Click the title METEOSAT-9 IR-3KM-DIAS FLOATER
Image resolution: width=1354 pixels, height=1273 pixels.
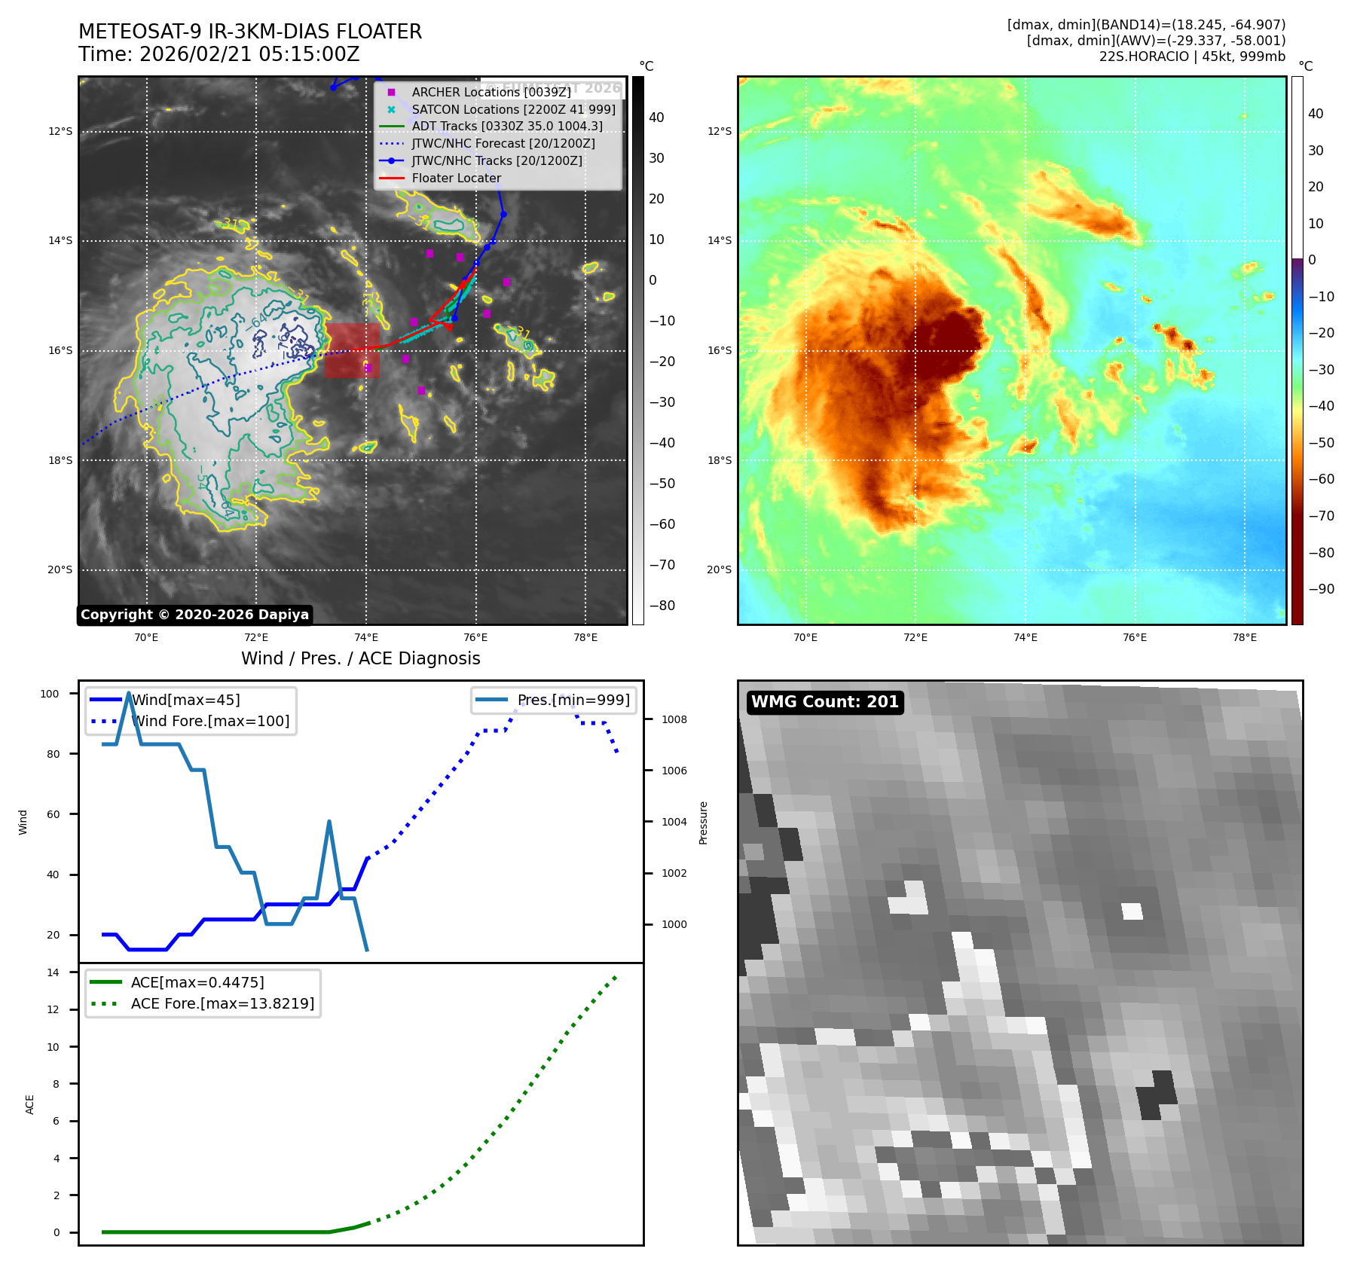(x=250, y=32)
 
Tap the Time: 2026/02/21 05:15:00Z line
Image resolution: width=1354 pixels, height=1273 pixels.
(x=219, y=55)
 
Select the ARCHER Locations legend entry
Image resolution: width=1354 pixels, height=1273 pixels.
(x=491, y=92)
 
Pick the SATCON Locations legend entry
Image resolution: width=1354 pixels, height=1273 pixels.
(x=512, y=109)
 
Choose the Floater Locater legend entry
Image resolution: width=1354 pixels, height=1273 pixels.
(x=456, y=178)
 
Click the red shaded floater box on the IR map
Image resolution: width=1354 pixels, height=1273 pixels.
(x=352, y=350)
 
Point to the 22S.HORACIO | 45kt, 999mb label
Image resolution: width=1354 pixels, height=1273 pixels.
(x=1192, y=56)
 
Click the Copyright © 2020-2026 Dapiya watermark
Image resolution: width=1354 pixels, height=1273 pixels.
(x=194, y=615)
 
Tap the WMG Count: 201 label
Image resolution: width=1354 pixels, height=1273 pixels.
(x=824, y=702)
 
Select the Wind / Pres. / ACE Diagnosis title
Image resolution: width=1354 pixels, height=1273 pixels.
(x=360, y=658)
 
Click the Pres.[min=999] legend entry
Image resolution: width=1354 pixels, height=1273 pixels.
(x=573, y=700)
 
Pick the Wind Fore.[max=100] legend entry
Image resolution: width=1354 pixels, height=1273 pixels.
(x=210, y=721)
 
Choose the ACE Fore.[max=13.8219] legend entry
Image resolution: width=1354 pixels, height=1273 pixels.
(x=222, y=1003)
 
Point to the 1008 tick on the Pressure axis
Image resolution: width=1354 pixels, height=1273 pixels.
(x=674, y=719)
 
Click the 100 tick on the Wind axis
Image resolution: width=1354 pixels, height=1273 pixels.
(x=50, y=694)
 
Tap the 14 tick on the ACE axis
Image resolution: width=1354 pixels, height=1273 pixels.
(x=53, y=972)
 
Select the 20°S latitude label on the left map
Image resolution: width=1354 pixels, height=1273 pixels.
(x=60, y=569)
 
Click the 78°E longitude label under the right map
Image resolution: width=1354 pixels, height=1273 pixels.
(x=1244, y=637)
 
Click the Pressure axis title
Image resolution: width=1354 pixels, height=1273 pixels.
(x=703, y=823)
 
